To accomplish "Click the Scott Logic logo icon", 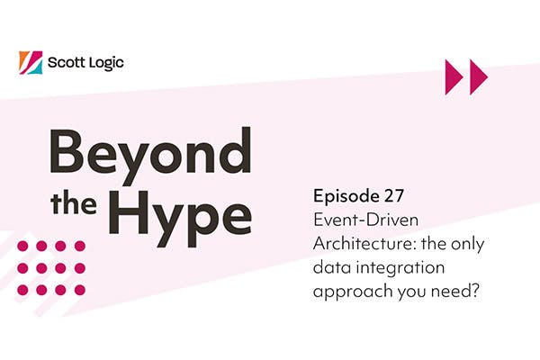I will [30, 63].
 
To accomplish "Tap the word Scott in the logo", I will [68, 63].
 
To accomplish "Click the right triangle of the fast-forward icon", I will [478, 77].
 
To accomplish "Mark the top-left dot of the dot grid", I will [21, 246].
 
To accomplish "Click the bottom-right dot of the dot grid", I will [79, 290].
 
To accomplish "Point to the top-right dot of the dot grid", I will [79, 246].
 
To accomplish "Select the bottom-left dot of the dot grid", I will [21, 290].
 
